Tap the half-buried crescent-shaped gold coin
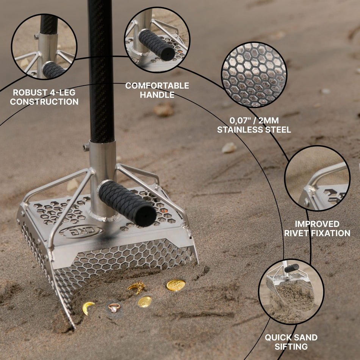88,307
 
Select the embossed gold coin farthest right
175,285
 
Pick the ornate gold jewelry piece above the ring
137,288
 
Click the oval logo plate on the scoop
81,231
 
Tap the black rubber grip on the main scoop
127,203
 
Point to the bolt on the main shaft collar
86,147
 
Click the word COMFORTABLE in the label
157,86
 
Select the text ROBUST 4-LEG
44,92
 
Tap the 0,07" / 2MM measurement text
254,121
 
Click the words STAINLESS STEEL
254,130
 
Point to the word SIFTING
291,346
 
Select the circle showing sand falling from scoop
291,291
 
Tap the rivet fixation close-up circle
317,178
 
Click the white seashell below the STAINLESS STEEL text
229,148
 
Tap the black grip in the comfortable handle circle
156,44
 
